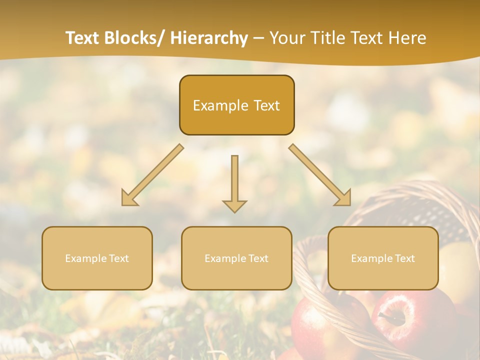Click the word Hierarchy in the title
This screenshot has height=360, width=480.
208,38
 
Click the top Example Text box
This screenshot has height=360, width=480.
236,105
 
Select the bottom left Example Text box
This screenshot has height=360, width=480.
97,258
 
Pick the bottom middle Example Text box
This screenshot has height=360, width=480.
236,258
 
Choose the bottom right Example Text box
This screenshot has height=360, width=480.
383,258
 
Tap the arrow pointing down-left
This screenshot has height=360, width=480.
152,175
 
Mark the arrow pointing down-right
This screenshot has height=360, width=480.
319,175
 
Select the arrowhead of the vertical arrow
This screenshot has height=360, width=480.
234,205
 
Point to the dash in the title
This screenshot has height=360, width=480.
258,38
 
